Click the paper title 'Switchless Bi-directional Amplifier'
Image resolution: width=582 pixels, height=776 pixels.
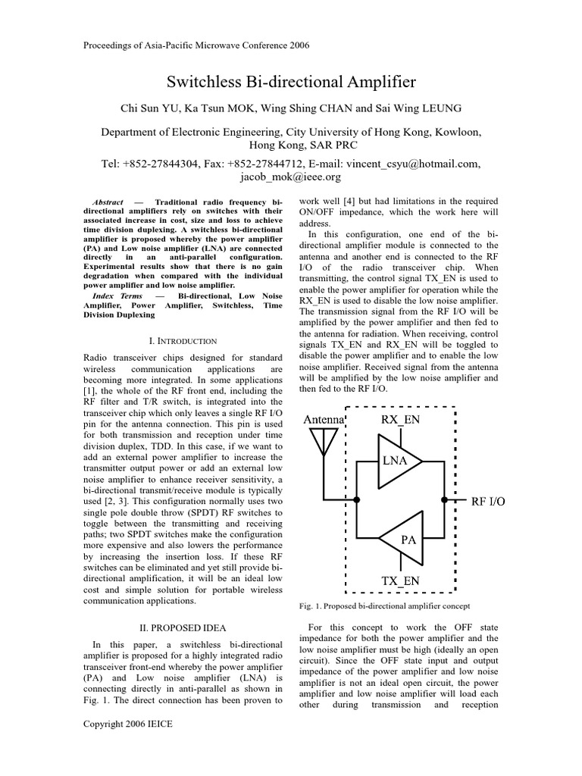[x=291, y=82]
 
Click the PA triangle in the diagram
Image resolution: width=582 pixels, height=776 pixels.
[x=404, y=540]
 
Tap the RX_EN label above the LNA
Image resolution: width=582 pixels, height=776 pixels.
[x=401, y=419]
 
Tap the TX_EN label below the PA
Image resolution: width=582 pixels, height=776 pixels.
[x=401, y=581]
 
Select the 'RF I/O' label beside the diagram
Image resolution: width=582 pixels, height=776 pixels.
[x=488, y=501]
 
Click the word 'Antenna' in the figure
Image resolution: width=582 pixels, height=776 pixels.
[x=324, y=419]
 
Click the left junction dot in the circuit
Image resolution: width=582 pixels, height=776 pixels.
[x=357, y=500]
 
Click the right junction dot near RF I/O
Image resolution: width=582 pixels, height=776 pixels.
[x=444, y=500]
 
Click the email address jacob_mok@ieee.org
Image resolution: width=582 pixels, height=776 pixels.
[x=291, y=177]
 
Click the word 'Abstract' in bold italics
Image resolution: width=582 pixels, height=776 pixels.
[x=108, y=202]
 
